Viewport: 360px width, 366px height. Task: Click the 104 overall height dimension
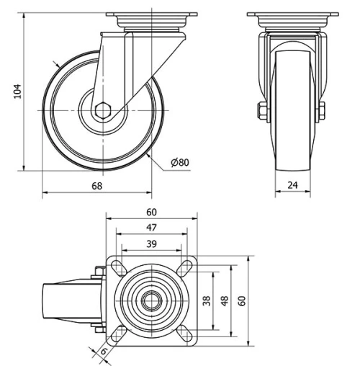[x=19, y=91]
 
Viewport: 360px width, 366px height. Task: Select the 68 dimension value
[x=96, y=186]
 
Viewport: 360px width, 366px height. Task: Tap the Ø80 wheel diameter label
[x=180, y=163]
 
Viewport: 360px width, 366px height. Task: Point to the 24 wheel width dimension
[x=292, y=186]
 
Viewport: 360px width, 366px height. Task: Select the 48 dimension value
[x=224, y=301]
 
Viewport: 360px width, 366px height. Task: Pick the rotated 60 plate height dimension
[x=243, y=301]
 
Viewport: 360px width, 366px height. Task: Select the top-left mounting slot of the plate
[x=117, y=267]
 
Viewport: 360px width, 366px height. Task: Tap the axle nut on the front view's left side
[x=260, y=110]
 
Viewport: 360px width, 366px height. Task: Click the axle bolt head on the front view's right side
[x=320, y=110]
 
